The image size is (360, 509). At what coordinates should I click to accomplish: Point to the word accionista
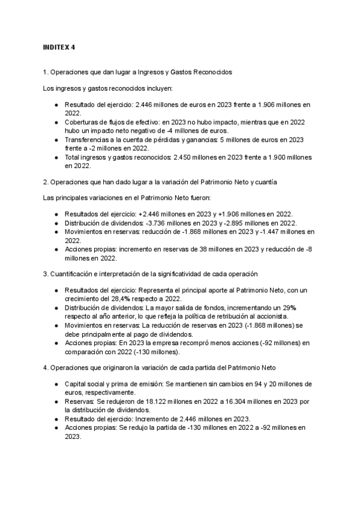pyautogui.click(x=271, y=316)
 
